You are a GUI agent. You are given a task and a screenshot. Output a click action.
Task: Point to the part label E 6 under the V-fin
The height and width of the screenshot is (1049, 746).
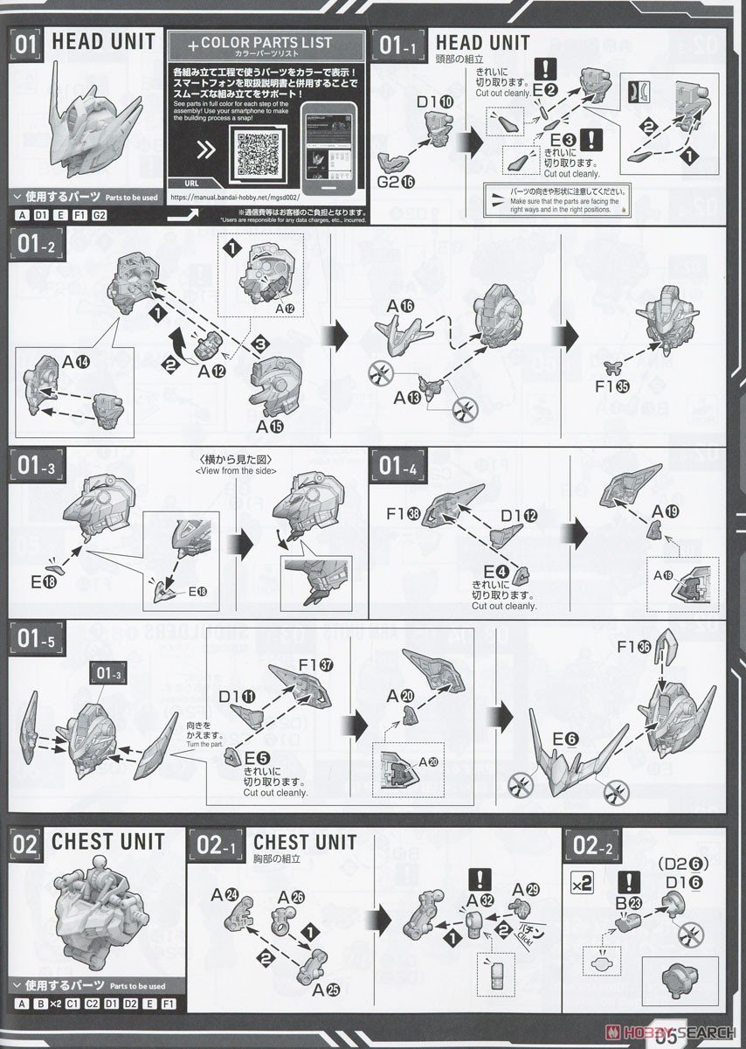click(565, 739)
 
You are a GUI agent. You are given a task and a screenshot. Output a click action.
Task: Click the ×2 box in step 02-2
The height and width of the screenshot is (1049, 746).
click(582, 883)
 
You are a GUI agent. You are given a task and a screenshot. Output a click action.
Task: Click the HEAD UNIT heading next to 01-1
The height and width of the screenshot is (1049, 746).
click(482, 42)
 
